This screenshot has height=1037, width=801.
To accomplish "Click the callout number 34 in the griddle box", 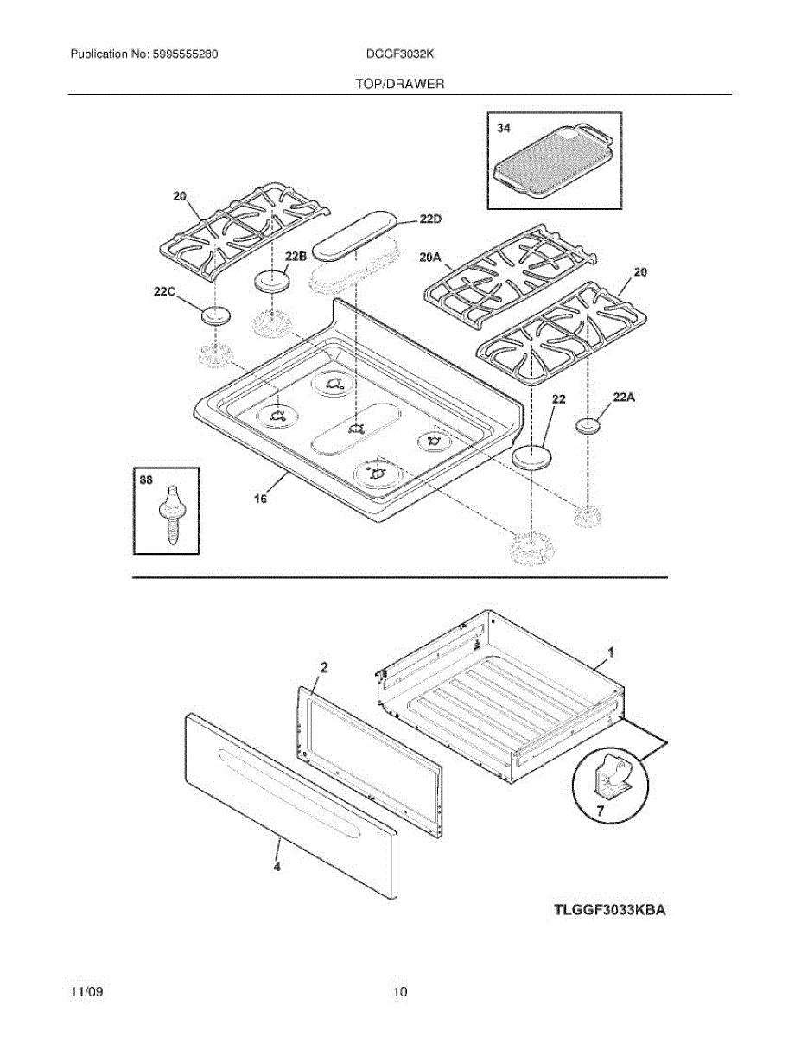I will click(503, 128).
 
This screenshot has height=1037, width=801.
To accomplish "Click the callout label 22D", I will click(430, 219).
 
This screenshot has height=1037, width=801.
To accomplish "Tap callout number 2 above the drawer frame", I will click(324, 666).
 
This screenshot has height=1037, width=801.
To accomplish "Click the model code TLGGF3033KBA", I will click(611, 910).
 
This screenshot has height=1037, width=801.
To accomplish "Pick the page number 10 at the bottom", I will click(399, 992).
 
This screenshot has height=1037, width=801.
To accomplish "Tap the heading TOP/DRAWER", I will click(399, 84).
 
